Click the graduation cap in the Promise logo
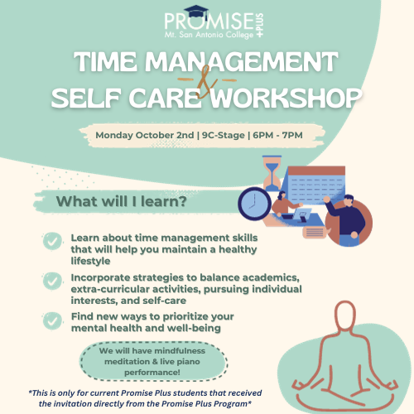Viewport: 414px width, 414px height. click(x=196, y=12)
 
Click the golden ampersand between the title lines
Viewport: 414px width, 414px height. click(x=206, y=82)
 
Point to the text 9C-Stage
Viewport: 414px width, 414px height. click(x=223, y=135)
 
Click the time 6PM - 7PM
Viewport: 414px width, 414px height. click(x=277, y=135)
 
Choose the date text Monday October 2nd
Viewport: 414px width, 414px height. click(x=145, y=135)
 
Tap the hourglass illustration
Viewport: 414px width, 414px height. click(x=272, y=173)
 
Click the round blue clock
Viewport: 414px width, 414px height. click(x=254, y=204)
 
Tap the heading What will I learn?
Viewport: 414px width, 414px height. click(x=122, y=201)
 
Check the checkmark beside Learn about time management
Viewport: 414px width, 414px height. click(x=52, y=241)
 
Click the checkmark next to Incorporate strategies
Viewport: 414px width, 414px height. click(x=52, y=281)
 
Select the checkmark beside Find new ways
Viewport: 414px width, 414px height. click(x=52, y=320)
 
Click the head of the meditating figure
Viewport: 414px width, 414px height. click(x=345, y=315)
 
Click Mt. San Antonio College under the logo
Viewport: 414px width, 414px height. click(x=209, y=35)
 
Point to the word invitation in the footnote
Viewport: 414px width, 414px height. click(x=72, y=404)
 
